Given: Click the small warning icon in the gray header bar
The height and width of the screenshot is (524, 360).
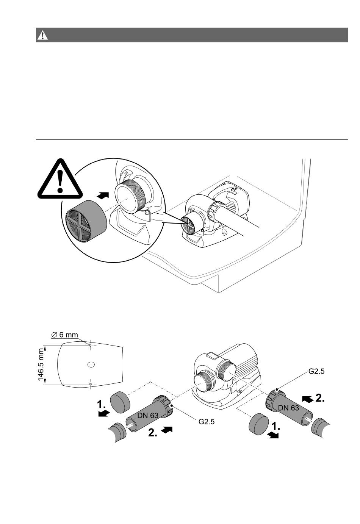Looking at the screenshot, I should (x=42, y=35).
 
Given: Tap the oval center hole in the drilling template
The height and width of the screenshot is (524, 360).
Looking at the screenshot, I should (x=91, y=364).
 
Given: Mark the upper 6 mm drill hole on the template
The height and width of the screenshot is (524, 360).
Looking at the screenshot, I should (x=90, y=345).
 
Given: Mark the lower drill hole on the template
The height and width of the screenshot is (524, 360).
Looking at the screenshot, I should (x=90, y=384).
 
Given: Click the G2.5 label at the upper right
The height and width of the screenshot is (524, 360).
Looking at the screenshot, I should (x=316, y=372).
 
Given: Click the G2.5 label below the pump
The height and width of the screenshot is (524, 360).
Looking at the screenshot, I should (x=207, y=421).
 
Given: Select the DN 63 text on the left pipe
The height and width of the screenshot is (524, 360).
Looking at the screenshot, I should (x=148, y=415).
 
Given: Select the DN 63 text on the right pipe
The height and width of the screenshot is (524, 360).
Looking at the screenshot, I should (x=289, y=408).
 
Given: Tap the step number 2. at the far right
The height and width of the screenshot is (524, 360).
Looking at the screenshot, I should (x=320, y=398).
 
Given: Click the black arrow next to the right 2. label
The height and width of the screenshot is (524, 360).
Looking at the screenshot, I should (x=307, y=398).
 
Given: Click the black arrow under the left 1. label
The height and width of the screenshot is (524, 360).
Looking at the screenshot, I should (x=104, y=414).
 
